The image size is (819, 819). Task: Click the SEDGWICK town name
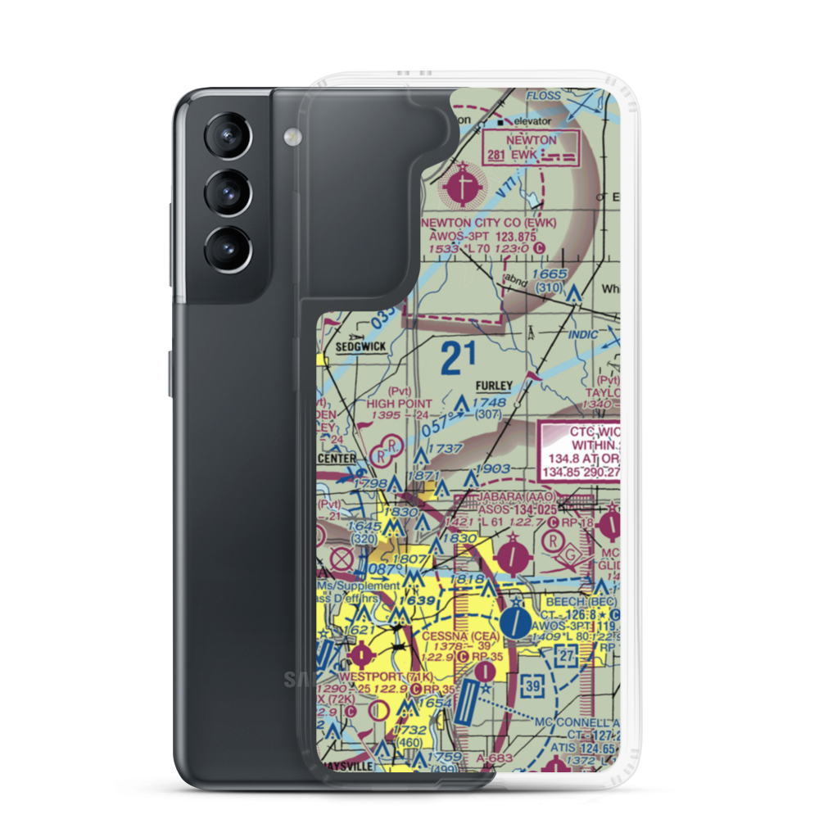click(x=360, y=347)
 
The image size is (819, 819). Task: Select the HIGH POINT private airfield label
click(x=399, y=404)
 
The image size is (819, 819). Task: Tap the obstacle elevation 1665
click(x=549, y=274)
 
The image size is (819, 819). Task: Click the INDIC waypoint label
click(x=581, y=336)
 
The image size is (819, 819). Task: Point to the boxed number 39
click(x=533, y=685)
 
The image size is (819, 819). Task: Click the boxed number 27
click(x=565, y=655)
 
